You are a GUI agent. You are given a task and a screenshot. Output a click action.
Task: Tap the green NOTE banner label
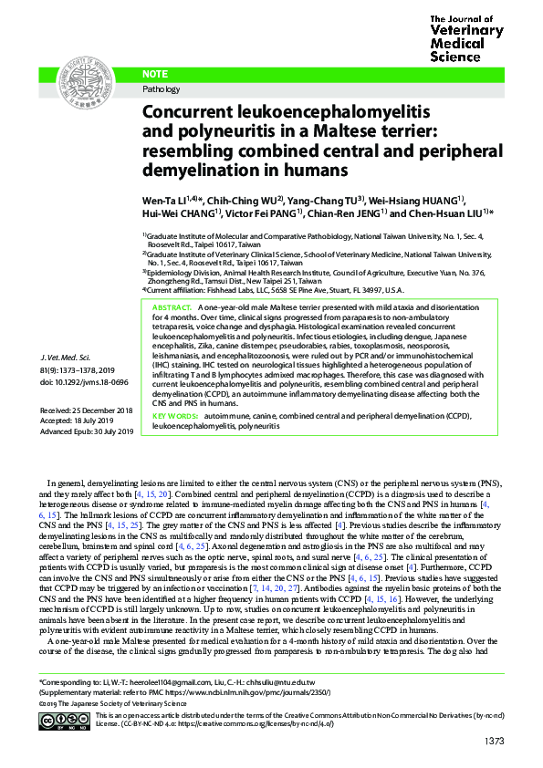point(158,73)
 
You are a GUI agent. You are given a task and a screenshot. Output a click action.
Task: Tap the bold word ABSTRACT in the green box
point(172,308)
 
